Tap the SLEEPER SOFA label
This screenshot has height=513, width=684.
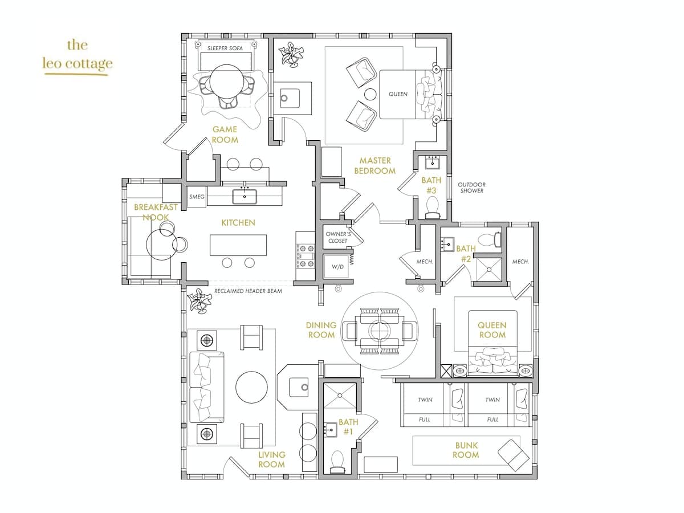click(x=225, y=48)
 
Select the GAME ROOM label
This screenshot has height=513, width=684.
click(x=225, y=135)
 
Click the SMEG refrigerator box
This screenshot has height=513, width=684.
click(x=197, y=197)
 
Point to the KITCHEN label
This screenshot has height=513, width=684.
click(x=238, y=222)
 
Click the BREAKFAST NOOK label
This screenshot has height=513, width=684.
click(x=156, y=212)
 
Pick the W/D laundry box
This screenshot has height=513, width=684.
click(x=337, y=266)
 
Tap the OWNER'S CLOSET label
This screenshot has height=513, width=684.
click(x=337, y=237)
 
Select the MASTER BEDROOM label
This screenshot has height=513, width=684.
click(x=374, y=166)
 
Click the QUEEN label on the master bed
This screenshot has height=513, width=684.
click(x=398, y=94)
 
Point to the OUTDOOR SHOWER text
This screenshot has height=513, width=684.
click(x=471, y=188)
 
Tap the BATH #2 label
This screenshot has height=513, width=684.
click(x=466, y=254)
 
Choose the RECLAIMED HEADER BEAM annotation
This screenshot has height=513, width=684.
click(x=248, y=291)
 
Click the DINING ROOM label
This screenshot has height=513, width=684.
click(x=321, y=330)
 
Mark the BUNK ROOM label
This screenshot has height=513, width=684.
click(x=466, y=450)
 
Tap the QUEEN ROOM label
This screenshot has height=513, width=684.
click(x=492, y=330)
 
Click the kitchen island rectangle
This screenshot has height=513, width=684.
click(x=238, y=245)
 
